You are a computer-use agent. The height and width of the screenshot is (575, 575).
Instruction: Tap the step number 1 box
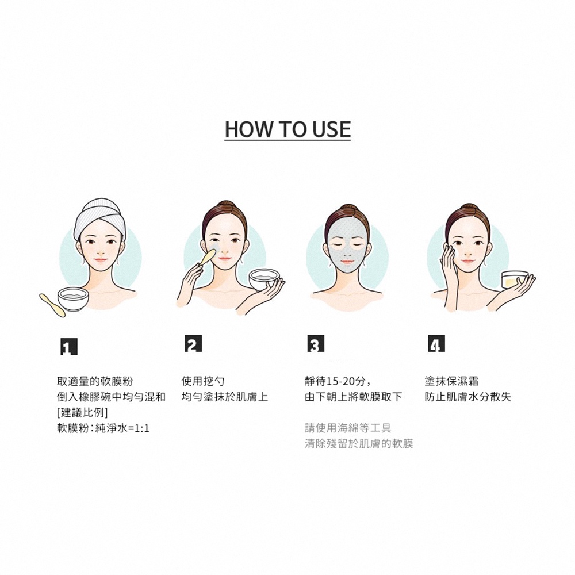[x=69, y=346]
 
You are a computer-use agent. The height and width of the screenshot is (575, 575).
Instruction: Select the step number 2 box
[x=193, y=344]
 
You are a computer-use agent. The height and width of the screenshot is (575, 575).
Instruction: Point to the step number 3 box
[x=316, y=344]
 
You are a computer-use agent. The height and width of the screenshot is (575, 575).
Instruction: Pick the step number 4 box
[x=436, y=344]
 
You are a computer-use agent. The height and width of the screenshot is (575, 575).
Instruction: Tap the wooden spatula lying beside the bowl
[x=52, y=305]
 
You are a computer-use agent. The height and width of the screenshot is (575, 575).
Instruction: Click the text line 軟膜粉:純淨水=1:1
[x=103, y=428]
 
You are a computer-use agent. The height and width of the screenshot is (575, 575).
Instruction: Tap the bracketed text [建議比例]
[x=82, y=412]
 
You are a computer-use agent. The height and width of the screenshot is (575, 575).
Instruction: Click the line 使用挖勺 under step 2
[x=203, y=381]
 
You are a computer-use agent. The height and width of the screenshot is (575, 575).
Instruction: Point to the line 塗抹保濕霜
[x=451, y=381]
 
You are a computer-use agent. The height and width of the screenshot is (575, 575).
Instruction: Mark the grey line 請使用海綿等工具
[x=348, y=428]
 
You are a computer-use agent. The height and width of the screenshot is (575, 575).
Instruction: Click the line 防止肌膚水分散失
[x=468, y=397]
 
